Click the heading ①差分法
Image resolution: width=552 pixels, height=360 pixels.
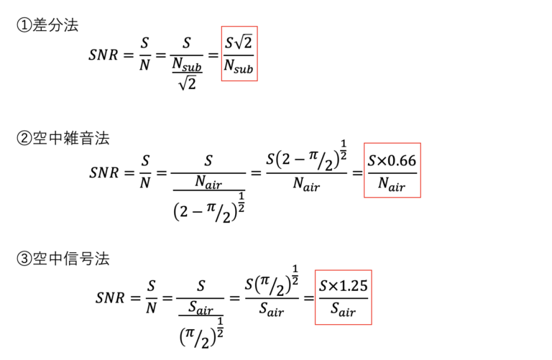tap(47, 25)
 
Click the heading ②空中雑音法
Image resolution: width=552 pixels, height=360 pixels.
tap(63, 138)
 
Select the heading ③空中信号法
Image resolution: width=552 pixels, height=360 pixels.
tap(63, 259)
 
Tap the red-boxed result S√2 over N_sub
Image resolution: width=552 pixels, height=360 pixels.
tap(239, 53)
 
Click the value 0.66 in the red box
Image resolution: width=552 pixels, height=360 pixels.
tap(402, 160)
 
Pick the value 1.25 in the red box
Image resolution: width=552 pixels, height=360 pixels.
tap(353, 286)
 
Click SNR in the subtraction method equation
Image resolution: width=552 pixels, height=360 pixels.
tap(103, 55)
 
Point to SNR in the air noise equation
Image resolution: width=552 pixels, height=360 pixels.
tap(103, 172)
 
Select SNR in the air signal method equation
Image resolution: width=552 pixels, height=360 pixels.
tap(110, 298)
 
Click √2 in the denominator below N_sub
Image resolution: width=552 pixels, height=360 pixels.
tap(188, 83)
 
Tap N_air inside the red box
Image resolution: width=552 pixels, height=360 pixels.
tap(392, 184)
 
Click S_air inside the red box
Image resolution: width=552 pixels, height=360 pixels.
tap(343, 309)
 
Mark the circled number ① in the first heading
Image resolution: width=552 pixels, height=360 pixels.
tap(24, 25)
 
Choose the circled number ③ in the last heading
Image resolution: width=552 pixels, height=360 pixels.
tap(24, 259)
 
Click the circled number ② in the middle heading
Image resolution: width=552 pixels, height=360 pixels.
tap(24, 138)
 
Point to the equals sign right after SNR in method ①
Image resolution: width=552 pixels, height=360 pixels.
tap(129, 55)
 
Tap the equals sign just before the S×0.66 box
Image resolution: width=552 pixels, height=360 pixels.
tap(357, 172)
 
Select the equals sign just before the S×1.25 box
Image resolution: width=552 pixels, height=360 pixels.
tap(309, 298)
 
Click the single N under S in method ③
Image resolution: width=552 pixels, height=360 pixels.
tap(151, 308)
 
